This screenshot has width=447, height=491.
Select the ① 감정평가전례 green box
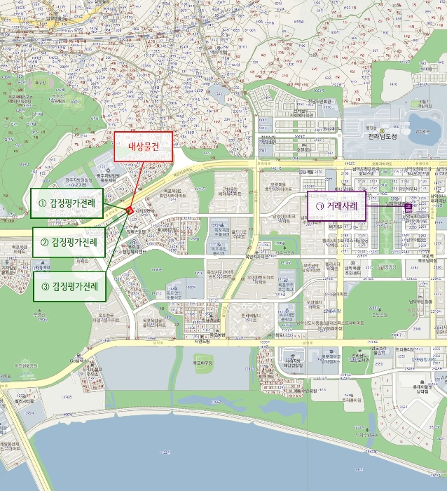pos(67,203)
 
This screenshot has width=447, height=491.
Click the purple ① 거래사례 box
pos(337,207)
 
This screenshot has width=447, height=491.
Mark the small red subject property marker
pos(128,210)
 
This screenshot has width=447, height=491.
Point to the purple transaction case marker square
pos(408,207)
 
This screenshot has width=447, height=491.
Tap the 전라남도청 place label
pos(383,137)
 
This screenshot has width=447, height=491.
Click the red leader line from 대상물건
pos(136,185)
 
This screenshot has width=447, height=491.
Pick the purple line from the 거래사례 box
pos(385,207)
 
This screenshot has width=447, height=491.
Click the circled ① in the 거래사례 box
pos(319,207)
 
